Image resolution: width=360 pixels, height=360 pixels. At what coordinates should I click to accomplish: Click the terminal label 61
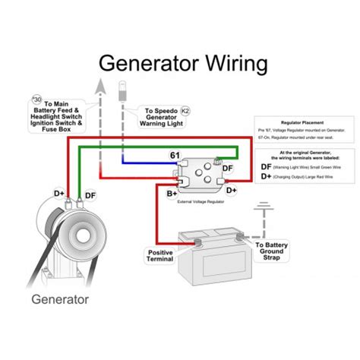[x=175, y=156]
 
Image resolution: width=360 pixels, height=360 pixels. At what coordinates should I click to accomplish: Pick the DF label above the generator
[x=90, y=195]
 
